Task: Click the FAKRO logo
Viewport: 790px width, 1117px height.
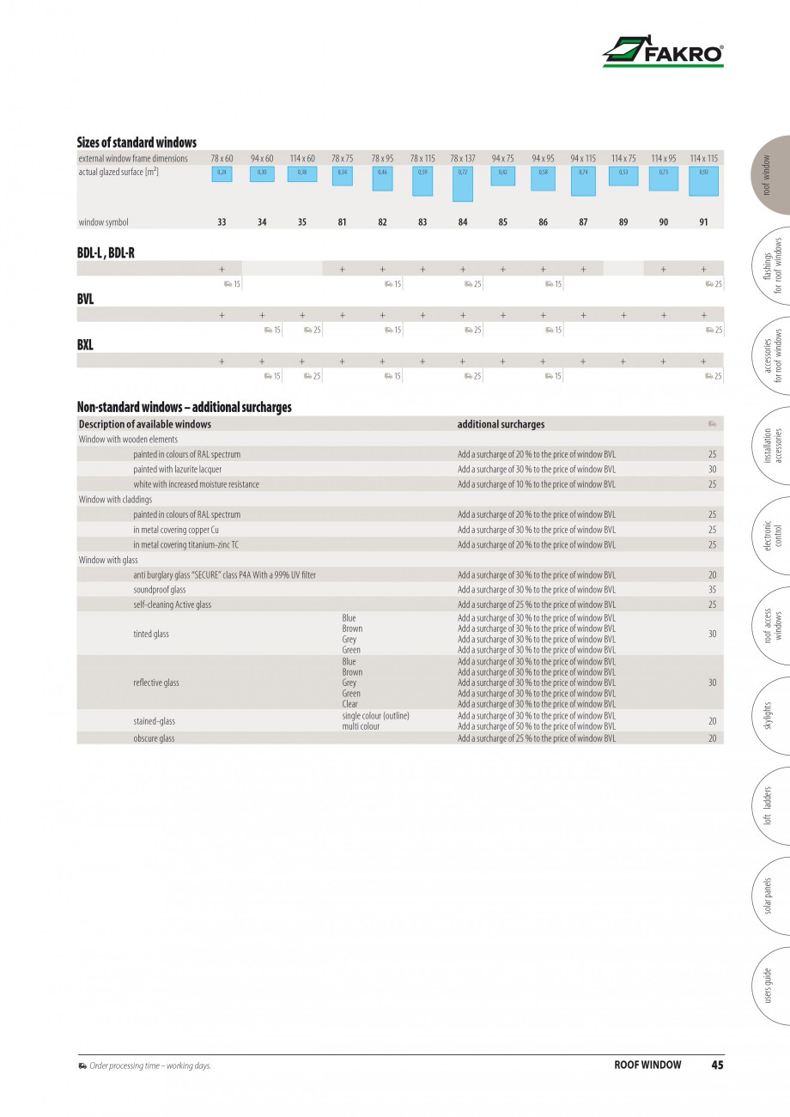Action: click(x=663, y=52)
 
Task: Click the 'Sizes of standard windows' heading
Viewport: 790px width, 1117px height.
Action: click(x=137, y=143)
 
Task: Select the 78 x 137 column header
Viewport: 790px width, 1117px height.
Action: click(x=462, y=159)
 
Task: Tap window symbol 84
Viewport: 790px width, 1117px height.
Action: click(x=463, y=222)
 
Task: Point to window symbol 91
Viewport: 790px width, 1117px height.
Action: click(x=704, y=222)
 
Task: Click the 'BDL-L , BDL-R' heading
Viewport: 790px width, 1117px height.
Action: click(x=106, y=253)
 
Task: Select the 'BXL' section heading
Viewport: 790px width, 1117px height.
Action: click(x=85, y=345)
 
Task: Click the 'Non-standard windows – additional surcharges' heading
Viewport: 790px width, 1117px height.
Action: click(x=184, y=407)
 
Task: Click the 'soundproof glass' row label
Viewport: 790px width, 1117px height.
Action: click(x=159, y=590)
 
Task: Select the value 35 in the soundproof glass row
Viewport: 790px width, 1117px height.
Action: click(x=712, y=590)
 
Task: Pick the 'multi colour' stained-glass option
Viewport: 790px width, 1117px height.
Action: click(x=361, y=726)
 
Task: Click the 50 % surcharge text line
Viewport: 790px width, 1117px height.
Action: click(x=536, y=726)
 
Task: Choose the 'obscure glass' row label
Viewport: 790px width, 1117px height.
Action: click(x=154, y=738)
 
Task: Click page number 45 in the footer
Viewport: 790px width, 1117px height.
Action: click(x=717, y=1065)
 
